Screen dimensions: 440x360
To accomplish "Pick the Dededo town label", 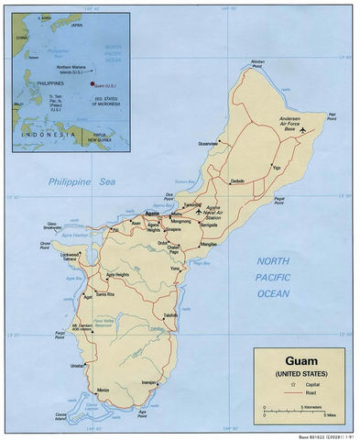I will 237,181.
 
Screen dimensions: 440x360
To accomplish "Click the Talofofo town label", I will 170,315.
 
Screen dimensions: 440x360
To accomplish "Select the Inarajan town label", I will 151,381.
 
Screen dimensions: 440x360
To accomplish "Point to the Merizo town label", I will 103,390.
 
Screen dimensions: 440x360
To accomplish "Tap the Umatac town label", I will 78,366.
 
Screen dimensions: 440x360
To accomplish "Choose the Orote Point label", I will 45,245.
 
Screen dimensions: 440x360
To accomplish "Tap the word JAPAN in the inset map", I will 78,27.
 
